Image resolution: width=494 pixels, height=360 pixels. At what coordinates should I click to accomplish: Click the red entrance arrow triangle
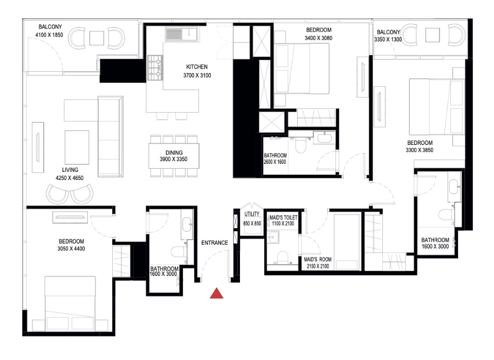(216, 293)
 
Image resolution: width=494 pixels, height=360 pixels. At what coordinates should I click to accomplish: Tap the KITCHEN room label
(197, 67)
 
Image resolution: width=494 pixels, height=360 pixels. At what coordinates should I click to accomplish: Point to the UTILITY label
(252, 214)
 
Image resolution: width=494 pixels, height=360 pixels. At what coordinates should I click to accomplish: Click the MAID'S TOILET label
(282, 216)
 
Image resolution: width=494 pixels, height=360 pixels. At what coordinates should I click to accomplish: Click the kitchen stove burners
(156, 66)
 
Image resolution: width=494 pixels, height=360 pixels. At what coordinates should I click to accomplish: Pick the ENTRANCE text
(214, 243)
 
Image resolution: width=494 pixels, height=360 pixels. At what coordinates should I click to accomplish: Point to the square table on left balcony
(97, 38)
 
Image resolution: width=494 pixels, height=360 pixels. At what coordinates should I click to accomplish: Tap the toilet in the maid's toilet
(280, 256)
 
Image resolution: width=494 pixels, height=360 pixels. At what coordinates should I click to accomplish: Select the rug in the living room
(77, 147)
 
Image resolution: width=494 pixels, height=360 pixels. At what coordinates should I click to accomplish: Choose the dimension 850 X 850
(252, 223)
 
